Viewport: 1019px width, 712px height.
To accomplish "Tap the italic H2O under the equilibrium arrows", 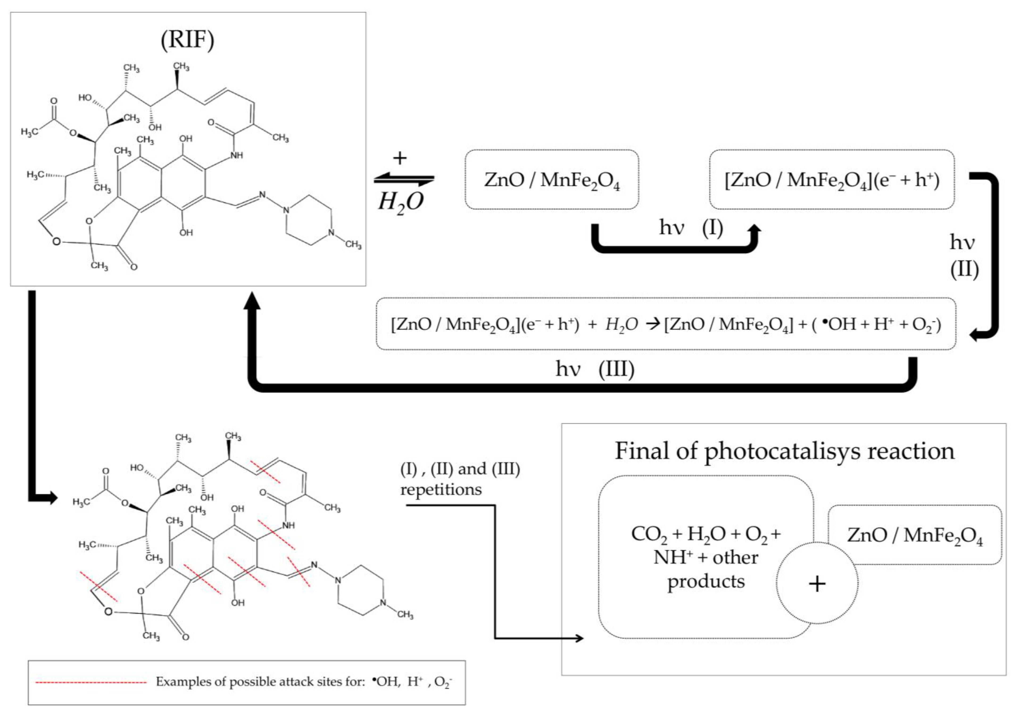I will [400, 202].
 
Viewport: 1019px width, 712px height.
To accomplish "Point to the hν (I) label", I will [691, 228].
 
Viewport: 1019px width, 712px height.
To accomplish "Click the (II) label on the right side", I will [964, 269].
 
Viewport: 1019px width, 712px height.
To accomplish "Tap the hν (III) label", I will [595, 368].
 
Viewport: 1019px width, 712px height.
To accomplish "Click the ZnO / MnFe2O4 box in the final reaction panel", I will [915, 535].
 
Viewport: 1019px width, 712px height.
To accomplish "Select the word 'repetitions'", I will [441, 490].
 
